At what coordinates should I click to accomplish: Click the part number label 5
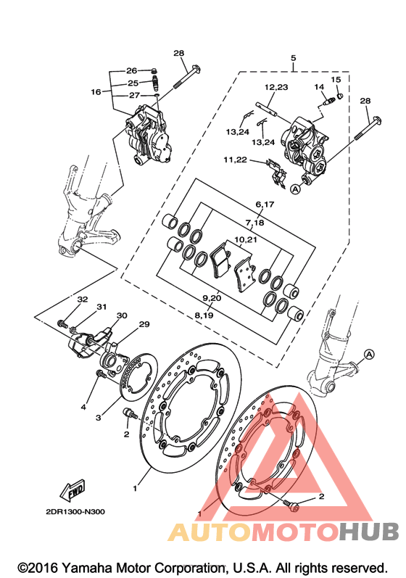(x=294, y=58)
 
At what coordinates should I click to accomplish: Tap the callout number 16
(x=96, y=91)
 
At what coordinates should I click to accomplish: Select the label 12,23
(x=276, y=87)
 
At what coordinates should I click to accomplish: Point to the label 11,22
(x=235, y=160)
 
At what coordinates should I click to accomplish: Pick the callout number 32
(x=83, y=300)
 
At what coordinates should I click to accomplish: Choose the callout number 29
(x=144, y=324)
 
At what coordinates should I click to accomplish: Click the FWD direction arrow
(x=73, y=490)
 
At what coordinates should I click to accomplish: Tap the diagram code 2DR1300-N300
(x=75, y=512)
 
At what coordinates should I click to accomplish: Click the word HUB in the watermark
(x=369, y=532)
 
